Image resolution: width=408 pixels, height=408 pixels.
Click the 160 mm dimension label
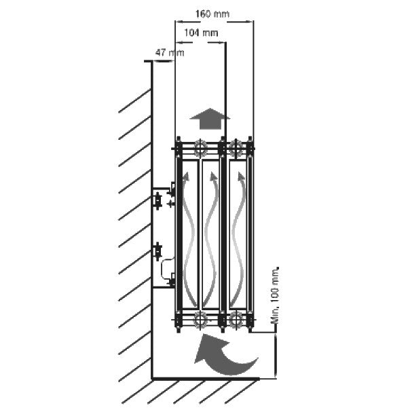212,14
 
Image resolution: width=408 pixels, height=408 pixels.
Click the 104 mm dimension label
201,33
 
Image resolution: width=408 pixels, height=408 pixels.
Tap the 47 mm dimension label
170,53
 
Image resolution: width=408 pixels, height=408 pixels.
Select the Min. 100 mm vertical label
275,295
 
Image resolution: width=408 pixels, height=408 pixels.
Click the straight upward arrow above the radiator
210,118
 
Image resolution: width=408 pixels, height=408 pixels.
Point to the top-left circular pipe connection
200,149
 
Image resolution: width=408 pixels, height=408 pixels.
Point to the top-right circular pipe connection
236,149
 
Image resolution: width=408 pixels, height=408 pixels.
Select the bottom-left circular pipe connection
200,319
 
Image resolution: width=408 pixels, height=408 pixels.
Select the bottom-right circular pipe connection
236,319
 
